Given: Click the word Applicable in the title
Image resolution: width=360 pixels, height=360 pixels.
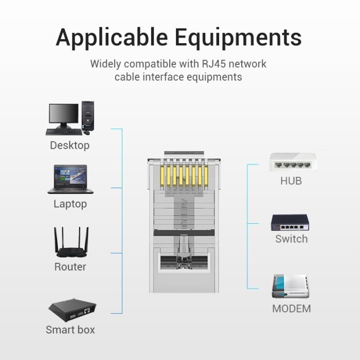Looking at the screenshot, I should [x=112, y=38].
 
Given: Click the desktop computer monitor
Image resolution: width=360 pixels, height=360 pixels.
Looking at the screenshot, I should [x=63, y=115].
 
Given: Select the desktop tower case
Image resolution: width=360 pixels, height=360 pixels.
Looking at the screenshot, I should [x=87, y=116].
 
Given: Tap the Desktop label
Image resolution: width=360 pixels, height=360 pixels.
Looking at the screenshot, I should [x=69, y=146].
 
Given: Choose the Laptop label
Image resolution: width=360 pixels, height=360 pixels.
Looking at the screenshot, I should [x=70, y=204].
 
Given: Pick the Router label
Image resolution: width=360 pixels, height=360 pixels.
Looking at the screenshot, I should [x=70, y=267].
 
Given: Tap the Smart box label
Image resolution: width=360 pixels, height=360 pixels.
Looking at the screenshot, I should [x=70, y=330].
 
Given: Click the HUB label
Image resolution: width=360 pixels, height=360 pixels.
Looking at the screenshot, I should [x=291, y=181].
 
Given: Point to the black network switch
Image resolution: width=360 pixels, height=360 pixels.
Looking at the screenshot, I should [x=290, y=223].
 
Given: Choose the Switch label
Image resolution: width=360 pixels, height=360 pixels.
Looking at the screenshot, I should [x=291, y=239].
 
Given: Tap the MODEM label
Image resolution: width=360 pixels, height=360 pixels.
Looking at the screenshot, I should [x=292, y=309].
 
